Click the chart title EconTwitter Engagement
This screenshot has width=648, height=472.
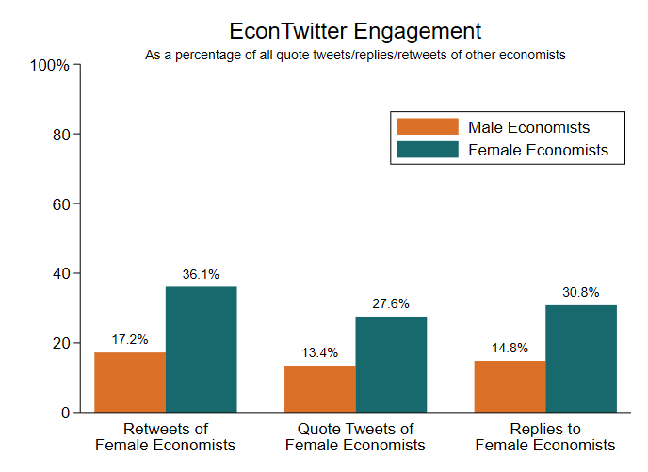point(355,31)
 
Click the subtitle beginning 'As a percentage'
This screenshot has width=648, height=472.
point(355,55)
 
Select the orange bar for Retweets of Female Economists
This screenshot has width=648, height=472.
point(130,382)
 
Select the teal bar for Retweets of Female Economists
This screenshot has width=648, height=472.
point(202,349)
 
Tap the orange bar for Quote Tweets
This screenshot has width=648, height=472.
point(320,388)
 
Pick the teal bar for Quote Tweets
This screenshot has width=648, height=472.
point(391,364)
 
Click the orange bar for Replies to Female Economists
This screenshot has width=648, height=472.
point(510,386)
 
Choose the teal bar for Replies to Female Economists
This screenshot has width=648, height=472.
point(581,358)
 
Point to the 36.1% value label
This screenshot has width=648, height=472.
point(200,275)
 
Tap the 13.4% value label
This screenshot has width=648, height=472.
point(319,353)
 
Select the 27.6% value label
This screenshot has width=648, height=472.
point(390,304)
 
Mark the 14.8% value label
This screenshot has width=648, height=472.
point(510,349)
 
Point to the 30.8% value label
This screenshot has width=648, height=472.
point(580,293)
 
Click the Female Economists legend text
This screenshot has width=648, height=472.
point(538,150)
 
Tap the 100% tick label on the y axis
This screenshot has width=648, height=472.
point(50,65)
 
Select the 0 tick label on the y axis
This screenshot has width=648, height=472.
point(65,413)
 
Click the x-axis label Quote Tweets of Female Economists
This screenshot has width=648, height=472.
point(355,437)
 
